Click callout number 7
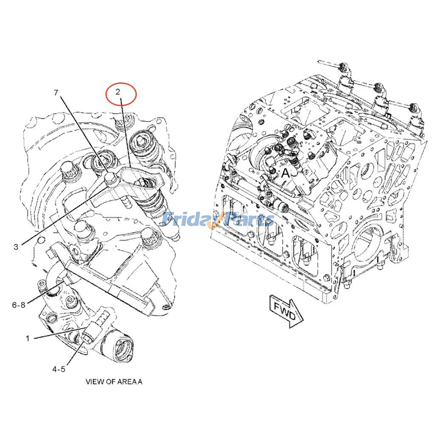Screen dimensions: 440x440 click(x=56, y=93)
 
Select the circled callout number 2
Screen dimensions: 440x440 click(x=118, y=92)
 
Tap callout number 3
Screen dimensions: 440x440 click(x=16, y=247)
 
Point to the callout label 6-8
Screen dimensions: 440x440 click(x=19, y=305)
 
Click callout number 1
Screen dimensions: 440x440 click(x=28, y=338)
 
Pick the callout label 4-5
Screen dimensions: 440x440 click(x=59, y=369)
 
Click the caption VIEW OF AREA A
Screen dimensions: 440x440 click(x=114, y=382)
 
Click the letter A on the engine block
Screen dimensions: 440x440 click(x=286, y=173)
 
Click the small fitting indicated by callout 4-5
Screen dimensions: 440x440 click(x=87, y=337)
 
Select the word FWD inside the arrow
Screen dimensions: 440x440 click(x=285, y=309)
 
